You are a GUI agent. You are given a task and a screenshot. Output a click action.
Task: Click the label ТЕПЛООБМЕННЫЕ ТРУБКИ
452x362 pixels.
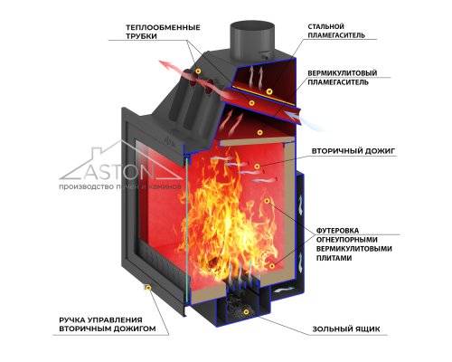163,32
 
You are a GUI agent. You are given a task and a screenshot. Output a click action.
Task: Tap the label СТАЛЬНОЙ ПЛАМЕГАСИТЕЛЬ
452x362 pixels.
336,31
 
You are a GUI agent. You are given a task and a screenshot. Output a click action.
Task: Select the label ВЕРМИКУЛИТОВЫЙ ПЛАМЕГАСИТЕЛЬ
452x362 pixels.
343,78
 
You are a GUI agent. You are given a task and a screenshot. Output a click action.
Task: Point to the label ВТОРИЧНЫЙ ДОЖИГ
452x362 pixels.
353,151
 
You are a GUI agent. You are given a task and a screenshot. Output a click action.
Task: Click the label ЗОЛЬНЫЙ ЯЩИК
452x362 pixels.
346,329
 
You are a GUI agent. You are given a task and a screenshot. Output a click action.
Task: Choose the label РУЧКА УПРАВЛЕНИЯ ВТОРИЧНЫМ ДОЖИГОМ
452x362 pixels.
108,324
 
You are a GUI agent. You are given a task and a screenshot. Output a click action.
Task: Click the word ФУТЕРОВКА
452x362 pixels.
337,231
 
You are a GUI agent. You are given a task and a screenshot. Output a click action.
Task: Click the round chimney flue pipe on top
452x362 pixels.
252,40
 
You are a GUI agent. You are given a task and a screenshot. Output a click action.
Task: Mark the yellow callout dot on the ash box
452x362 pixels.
247,312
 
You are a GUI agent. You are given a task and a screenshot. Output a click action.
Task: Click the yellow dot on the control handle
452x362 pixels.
148,288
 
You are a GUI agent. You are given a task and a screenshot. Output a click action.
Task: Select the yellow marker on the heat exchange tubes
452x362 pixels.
198,71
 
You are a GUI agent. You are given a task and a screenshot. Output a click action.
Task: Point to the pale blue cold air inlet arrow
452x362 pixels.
305,120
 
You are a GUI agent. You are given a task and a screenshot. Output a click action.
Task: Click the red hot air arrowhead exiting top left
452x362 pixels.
166,64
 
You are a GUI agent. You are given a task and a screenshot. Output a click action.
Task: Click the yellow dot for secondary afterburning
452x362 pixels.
257,167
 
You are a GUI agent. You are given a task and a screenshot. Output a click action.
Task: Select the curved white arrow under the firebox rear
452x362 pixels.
284,290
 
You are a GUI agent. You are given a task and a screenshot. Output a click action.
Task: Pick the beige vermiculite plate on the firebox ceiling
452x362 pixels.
257,141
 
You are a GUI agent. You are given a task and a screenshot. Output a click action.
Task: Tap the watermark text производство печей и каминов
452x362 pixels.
120,186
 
